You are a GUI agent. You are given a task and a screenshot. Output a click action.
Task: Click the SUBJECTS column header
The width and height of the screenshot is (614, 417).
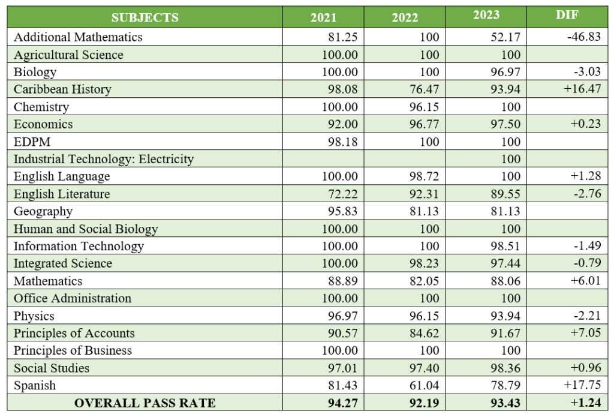[145, 17]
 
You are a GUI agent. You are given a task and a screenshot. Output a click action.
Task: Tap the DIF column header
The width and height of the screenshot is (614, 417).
[567, 16]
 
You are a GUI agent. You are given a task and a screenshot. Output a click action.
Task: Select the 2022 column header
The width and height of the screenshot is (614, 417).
[405, 17]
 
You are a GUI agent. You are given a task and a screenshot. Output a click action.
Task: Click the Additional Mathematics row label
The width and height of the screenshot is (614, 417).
[78, 37]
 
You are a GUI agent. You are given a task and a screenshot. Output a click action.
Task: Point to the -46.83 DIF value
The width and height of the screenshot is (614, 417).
[583, 37]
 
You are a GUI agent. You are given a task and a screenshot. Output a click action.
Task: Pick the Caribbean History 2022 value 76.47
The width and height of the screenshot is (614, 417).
[423, 89]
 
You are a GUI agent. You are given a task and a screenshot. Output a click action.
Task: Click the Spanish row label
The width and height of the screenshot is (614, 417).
[35, 385]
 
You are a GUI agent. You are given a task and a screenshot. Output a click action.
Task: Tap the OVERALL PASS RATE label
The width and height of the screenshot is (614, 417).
[145, 403]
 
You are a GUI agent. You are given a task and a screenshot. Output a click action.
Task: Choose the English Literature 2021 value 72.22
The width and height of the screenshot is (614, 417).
[342, 194]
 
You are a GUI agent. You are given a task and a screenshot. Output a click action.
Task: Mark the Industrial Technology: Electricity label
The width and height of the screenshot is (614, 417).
[104, 159]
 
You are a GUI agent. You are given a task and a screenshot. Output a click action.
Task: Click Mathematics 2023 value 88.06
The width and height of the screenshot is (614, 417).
[504, 281]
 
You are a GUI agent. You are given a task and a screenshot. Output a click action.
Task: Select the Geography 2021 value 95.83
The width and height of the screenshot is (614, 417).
[342, 211]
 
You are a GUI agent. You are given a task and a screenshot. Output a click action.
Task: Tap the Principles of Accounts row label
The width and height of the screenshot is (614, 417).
[74, 333]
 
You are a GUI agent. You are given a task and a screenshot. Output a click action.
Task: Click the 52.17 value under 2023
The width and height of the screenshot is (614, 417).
[504, 37]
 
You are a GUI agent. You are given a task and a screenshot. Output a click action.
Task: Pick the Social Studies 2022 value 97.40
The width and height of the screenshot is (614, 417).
[423, 368]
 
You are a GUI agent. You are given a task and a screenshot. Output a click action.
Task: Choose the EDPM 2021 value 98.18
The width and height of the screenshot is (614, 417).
[342, 142]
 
